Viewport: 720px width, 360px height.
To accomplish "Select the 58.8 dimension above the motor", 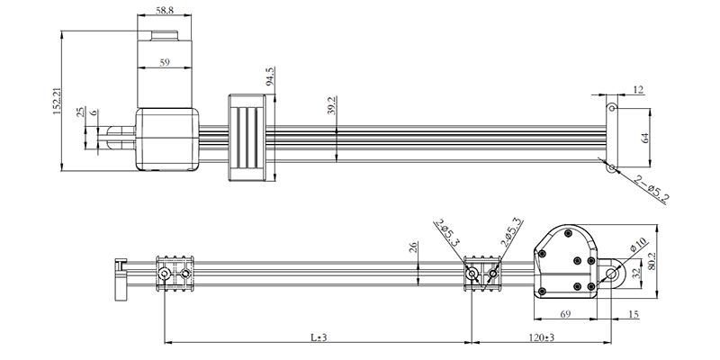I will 164,10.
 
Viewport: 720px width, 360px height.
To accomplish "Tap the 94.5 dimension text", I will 270,76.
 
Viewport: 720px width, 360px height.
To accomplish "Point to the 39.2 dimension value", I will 332,107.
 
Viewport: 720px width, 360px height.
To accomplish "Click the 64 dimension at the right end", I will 644,138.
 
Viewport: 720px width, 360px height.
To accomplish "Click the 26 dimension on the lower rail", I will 414,247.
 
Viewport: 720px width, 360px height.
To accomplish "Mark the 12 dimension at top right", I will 638,89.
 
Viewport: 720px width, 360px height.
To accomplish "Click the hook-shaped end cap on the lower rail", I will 119,278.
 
